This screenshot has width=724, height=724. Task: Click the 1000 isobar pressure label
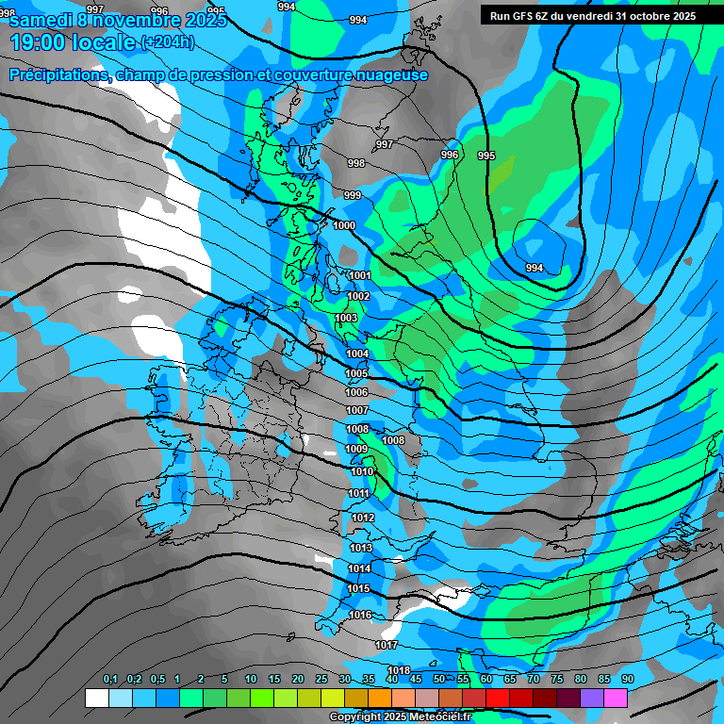344,225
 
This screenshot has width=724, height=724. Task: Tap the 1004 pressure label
357,354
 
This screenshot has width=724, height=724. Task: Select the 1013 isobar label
361,548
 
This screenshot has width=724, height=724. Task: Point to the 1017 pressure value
386,645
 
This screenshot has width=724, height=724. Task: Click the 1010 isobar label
361,471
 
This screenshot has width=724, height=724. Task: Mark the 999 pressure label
352,195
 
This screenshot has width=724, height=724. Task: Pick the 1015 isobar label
358,588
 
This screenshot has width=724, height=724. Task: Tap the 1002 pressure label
358,296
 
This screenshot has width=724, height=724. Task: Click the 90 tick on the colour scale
627,679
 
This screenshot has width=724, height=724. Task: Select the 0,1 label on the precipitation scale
110,679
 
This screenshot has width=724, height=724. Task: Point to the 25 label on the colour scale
321,679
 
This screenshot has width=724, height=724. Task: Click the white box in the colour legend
96,698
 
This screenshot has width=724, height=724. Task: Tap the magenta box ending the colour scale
616,698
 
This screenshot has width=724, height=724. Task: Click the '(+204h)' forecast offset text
167,41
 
